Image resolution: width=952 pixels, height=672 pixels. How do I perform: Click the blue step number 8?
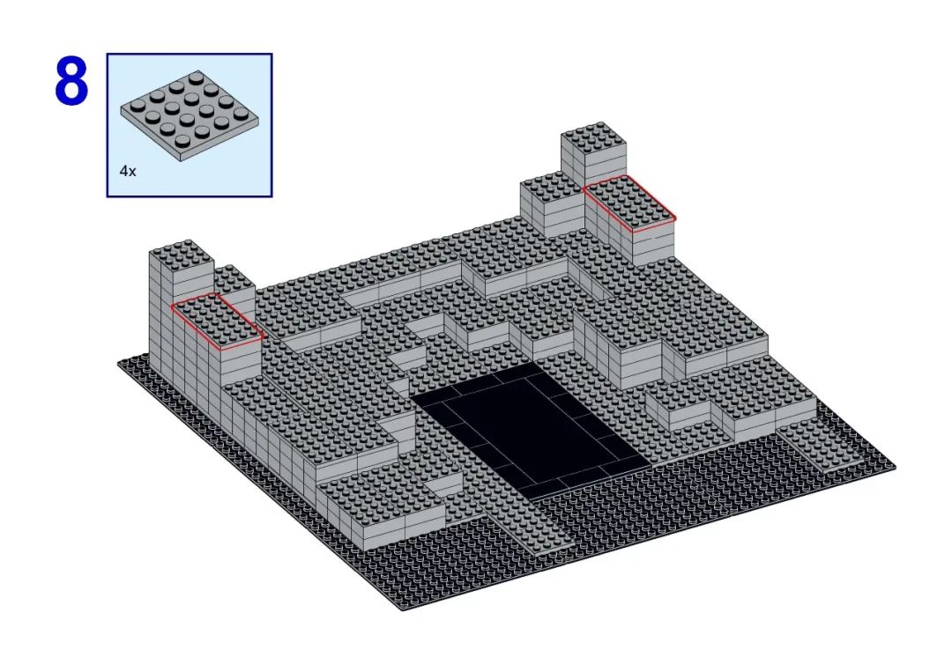pos(71,81)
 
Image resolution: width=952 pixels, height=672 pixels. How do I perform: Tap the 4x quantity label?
pos(128,171)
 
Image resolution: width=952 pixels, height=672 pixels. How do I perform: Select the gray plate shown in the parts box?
pos(190,116)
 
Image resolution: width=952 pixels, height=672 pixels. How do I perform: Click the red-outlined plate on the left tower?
pos(218,321)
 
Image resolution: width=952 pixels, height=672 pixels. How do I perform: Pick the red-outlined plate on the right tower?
pos(629,203)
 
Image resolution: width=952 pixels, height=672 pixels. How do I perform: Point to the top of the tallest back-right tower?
pos(594,137)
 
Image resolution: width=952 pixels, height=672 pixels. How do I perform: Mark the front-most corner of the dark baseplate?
pos(403,609)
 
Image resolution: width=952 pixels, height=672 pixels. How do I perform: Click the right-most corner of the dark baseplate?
pos(895,466)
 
